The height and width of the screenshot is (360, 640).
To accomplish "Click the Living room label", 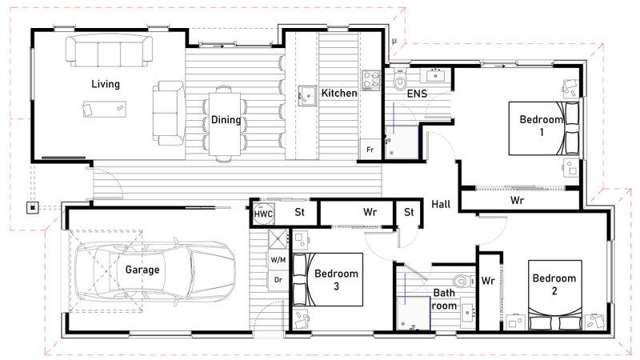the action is coord(106,84).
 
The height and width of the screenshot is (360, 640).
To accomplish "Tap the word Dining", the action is coord(226,119).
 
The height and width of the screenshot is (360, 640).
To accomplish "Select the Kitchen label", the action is coord(338,93).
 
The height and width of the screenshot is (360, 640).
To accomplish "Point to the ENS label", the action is coord(417,94).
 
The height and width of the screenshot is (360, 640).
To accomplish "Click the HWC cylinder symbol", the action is coord(263,214).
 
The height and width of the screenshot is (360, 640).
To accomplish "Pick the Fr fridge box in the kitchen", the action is coord(370,149).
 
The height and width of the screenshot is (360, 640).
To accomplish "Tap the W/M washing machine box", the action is coord(278,259).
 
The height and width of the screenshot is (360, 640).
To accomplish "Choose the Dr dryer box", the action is coord(278,279).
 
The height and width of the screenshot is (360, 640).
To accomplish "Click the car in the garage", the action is coord(154,270).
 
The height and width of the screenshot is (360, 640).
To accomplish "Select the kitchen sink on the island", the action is coord(307,95).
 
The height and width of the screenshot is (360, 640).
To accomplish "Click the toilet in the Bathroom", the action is coord(463,281).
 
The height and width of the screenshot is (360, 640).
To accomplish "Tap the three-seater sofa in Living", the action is coord(109,50).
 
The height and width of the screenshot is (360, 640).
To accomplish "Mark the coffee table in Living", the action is coord(105,109).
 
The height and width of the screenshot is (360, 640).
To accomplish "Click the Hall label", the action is coord(441,204).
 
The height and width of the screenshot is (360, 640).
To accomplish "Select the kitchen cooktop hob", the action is coord(371,80).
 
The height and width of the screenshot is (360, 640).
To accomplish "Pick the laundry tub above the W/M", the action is coord(278,239).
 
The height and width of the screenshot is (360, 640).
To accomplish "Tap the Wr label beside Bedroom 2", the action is coord(488,281).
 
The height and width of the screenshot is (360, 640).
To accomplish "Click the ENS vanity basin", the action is coord(437,75).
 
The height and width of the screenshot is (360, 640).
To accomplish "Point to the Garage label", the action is coord(142,270).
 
